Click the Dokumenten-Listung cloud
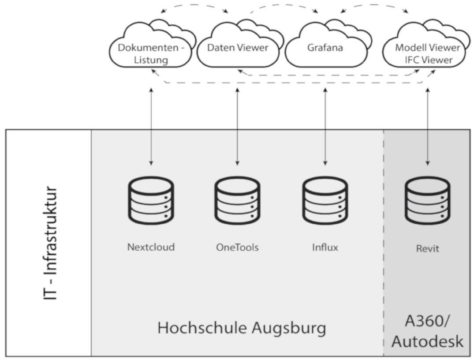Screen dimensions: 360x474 (150, 53)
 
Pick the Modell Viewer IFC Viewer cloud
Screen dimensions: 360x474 (427, 53)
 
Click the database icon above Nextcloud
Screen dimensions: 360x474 (151, 201)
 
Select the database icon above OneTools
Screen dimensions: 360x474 (237, 201)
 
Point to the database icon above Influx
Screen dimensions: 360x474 (325, 201)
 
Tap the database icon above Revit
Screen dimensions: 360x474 (428, 201)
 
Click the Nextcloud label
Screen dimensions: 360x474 (151, 247)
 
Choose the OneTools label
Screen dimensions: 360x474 (237, 247)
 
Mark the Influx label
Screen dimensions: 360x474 (325, 247)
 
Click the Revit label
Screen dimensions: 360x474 (428, 248)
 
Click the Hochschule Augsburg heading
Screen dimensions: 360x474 (242, 328)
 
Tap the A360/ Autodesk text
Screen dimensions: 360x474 (428, 331)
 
